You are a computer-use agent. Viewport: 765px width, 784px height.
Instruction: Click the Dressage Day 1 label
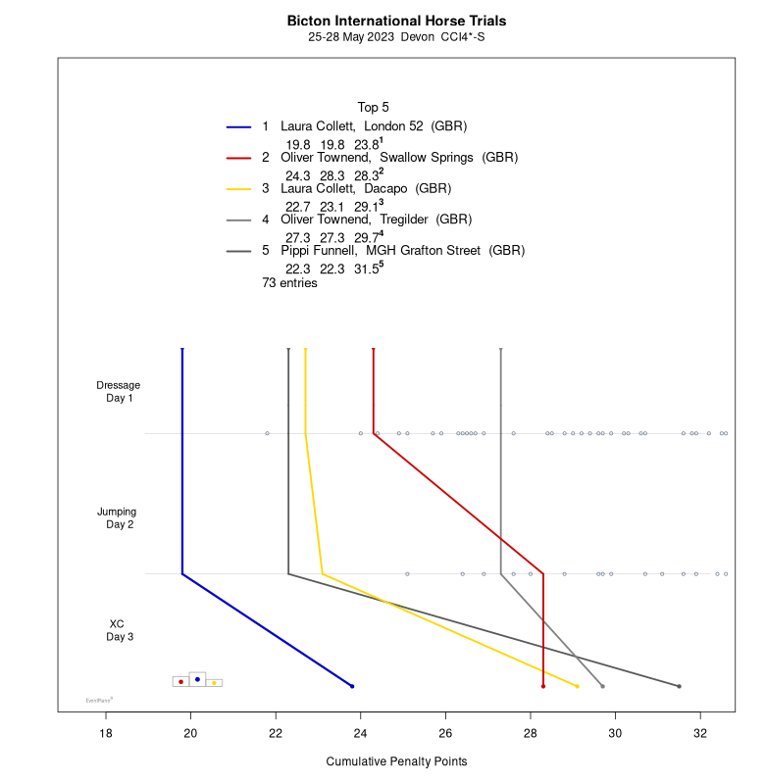pyautogui.click(x=119, y=391)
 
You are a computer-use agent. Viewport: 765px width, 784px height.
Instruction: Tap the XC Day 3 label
pyautogui.click(x=118, y=630)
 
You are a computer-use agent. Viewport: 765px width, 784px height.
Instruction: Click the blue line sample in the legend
pyautogui.click(x=239, y=127)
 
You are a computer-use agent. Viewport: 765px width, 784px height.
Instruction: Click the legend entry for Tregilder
pyautogui.click(x=383, y=220)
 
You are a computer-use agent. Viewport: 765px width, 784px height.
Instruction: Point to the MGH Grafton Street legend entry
pyautogui.click(x=402, y=251)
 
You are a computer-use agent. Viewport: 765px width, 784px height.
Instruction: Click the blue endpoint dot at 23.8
pyautogui.click(x=352, y=686)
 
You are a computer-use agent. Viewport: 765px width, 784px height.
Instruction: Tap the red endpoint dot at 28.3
pyautogui.click(x=543, y=686)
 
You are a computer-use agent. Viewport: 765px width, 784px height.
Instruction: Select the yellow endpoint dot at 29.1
pyautogui.click(x=578, y=686)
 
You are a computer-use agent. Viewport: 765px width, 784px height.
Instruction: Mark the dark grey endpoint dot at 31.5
pyautogui.click(x=679, y=686)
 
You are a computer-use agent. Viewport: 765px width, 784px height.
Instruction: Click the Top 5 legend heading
pyautogui.click(x=374, y=107)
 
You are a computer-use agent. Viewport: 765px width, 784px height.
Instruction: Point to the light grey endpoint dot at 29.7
pyautogui.click(x=602, y=686)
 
